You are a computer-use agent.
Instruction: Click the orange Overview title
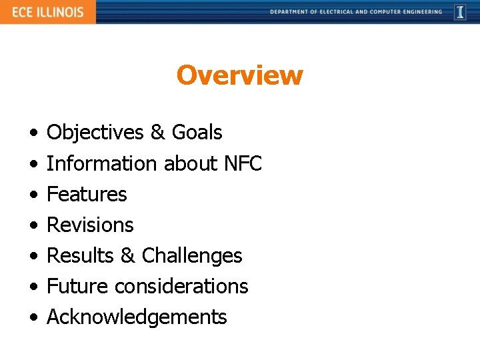pos(239,75)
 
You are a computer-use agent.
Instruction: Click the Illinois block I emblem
pos(460,12)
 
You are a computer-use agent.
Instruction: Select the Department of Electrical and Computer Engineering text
pos(356,12)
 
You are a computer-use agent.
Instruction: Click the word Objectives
pos(95,133)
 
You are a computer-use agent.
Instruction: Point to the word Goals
pos(197,133)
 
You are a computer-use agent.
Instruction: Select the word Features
pos(87,194)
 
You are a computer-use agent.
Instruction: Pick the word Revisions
pos(90,225)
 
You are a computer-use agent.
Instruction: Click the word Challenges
pos(192,255)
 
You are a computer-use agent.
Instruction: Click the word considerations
pos(181,286)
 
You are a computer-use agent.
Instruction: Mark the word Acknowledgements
pos(137,317)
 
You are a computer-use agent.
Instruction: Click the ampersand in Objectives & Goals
pos(157,133)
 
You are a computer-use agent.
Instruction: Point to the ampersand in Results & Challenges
pos(128,255)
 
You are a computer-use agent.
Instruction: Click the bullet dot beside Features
pos(33,195)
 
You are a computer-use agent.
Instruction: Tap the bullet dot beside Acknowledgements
pos(33,317)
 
